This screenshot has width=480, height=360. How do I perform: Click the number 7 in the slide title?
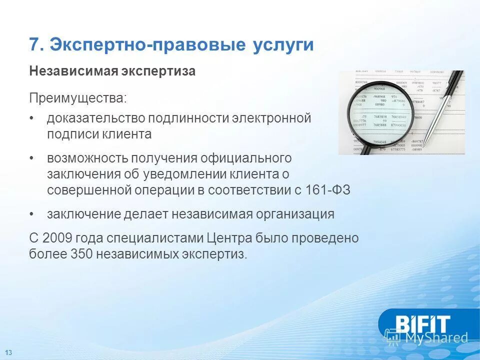[34, 45]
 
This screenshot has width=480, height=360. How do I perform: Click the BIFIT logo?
[423, 323]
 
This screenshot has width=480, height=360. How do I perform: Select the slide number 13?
[8, 352]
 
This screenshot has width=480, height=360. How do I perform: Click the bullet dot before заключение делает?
[32, 214]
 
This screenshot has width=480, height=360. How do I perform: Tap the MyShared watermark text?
[435, 338]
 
